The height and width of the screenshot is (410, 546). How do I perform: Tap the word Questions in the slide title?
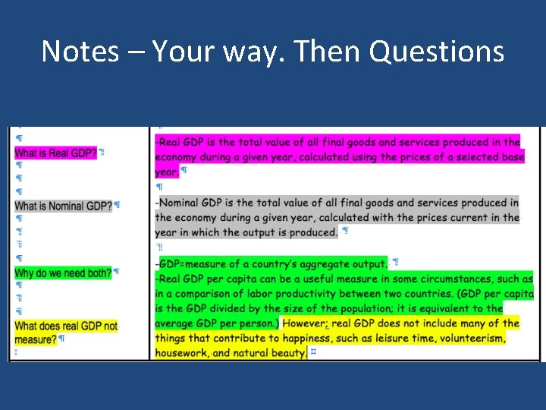click(x=438, y=52)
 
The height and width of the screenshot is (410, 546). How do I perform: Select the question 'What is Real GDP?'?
click(x=56, y=153)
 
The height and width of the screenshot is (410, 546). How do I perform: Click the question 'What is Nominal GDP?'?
click(x=63, y=206)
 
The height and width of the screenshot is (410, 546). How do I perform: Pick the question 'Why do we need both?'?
click(x=63, y=273)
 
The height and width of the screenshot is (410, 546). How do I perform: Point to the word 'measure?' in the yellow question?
click(x=36, y=339)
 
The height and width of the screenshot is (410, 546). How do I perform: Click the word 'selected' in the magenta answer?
click(x=457, y=157)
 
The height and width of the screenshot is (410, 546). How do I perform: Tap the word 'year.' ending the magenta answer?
click(x=167, y=172)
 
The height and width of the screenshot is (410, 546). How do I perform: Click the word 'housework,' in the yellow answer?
click(x=182, y=353)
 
